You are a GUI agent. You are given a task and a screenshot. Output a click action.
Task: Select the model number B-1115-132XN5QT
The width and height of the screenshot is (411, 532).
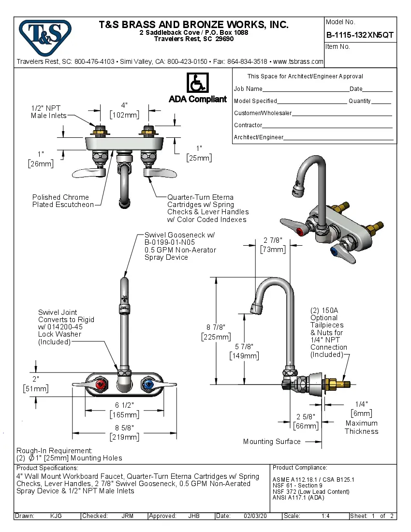(x=360, y=35)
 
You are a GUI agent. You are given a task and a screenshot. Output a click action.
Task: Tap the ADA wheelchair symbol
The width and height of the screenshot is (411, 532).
(x=197, y=83)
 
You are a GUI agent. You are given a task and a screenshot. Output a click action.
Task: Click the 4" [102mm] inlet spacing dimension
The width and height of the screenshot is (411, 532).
(x=125, y=110)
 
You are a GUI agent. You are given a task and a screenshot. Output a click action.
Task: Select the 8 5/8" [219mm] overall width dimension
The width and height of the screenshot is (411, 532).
(x=125, y=432)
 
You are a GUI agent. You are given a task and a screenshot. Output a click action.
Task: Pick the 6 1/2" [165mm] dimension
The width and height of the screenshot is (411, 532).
(x=125, y=409)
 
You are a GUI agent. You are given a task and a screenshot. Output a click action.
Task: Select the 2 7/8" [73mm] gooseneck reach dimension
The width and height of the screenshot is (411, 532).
(x=273, y=245)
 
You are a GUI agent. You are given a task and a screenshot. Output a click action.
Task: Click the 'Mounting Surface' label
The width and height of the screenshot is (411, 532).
(x=271, y=442)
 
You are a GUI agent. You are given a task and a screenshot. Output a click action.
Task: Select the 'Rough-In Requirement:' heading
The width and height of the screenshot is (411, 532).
(x=54, y=450)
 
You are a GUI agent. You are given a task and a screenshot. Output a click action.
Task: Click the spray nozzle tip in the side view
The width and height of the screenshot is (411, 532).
(x=254, y=308)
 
